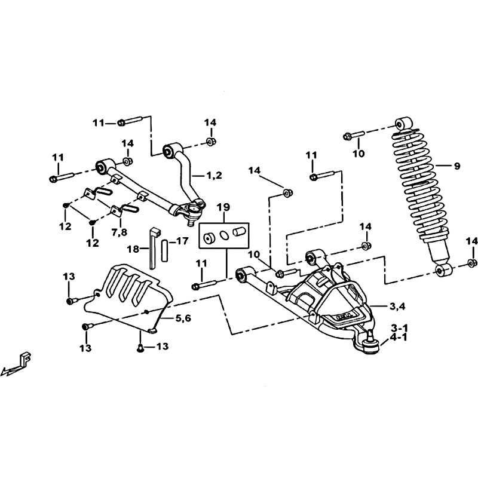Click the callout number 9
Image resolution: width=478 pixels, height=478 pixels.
pos(456,166)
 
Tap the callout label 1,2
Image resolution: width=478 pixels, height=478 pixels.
pos(214,176)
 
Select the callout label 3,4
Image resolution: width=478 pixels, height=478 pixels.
pos(397,307)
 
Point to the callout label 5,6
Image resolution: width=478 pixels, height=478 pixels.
pos(183,318)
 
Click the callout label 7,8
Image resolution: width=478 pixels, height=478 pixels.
pos(119,232)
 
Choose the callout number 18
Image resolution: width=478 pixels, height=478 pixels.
pos(133,249)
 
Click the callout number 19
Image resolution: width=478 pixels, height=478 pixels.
pos(223,207)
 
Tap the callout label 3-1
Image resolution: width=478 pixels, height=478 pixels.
pos(399,328)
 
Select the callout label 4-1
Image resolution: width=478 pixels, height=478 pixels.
pos(399,338)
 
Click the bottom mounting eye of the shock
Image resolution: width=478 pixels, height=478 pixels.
pos(444,271)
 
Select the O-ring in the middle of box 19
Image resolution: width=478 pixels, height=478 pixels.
pos(224,235)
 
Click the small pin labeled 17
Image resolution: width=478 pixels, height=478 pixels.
pos(165,250)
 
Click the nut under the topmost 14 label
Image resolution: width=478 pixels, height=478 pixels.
pos(210,142)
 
